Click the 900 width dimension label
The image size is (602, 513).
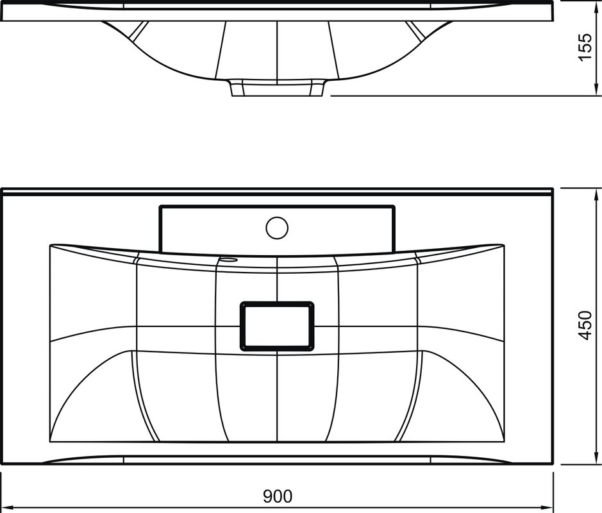point(277,496)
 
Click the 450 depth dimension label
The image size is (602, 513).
point(585,325)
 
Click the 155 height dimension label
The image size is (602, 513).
point(585,47)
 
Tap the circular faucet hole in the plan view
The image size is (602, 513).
point(276,228)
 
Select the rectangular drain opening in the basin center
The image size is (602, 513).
point(277,326)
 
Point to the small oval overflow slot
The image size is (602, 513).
point(228,260)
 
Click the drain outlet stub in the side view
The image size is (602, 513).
point(277,88)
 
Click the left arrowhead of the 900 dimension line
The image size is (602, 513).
point(8,507)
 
